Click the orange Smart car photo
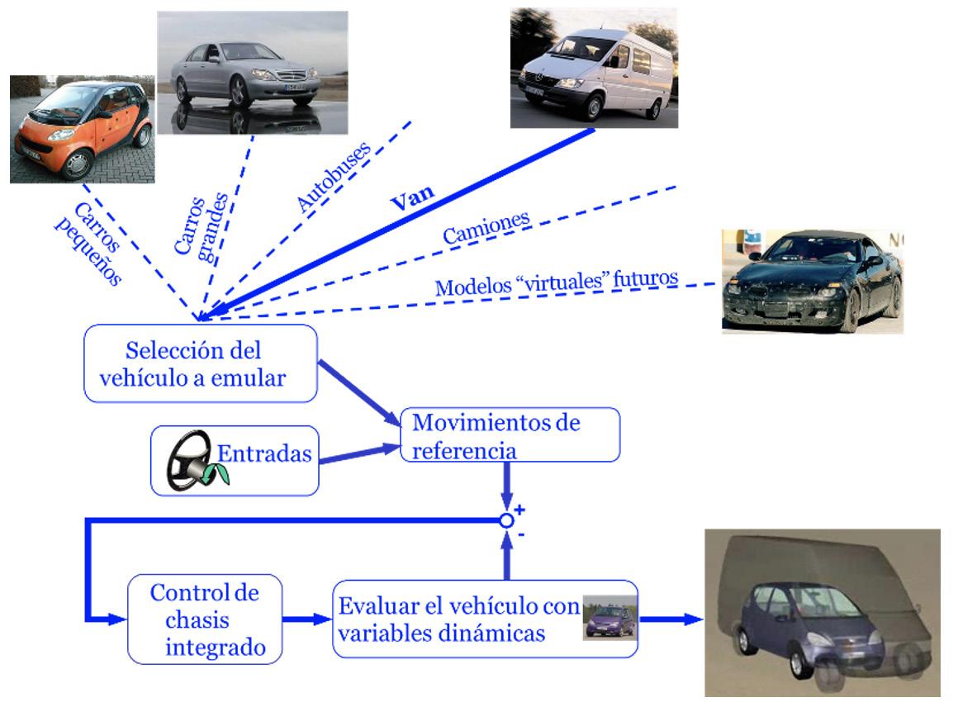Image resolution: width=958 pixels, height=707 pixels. [82, 129]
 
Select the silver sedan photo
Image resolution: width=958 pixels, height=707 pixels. [240, 73]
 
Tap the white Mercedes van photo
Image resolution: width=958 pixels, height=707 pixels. [593, 68]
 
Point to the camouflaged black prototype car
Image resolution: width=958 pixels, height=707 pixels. [812, 281]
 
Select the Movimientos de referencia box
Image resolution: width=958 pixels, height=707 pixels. [509, 434]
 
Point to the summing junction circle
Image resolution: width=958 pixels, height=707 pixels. [508, 520]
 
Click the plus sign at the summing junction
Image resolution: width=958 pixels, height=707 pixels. [520, 509]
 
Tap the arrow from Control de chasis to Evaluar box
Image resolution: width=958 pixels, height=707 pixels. [306, 618]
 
